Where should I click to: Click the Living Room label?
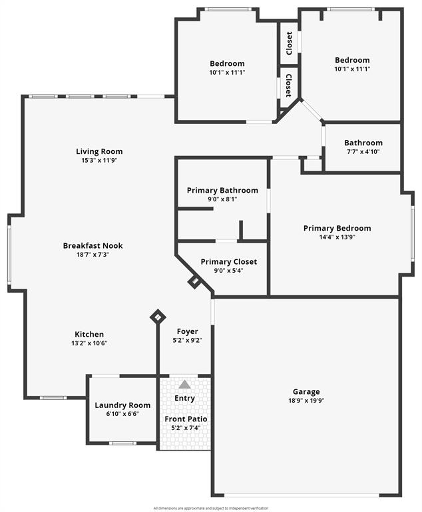[99, 151]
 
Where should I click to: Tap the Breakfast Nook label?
[93, 245]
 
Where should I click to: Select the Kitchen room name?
[89, 334]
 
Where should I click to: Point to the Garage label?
[306, 392]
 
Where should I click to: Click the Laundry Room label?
[122, 405]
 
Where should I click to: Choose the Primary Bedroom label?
[337, 228]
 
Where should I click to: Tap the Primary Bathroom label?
[222, 190]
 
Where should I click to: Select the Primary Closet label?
[228, 262]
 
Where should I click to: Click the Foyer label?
[187, 331]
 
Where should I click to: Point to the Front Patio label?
[186, 419]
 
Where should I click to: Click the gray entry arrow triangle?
[184, 385]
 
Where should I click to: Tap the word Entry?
[184, 398]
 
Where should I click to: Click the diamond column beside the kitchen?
[158, 317]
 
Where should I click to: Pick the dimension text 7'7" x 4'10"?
[363, 151]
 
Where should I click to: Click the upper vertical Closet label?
[289, 43]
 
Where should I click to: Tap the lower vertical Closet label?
[289, 85]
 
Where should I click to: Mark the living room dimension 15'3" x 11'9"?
[99, 160]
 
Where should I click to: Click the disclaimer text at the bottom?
[211, 508]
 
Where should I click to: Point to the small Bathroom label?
[363, 143]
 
